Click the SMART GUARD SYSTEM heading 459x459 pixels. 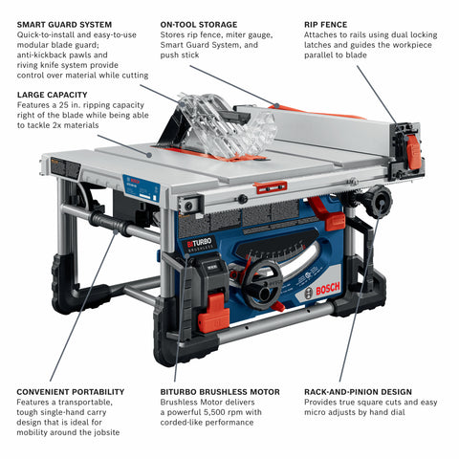tap(64, 24)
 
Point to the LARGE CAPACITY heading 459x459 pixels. tap(53, 95)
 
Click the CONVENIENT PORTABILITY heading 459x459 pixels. tap(71, 392)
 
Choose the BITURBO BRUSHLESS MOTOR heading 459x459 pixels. tap(220, 392)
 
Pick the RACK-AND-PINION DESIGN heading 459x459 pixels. tap(357, 392)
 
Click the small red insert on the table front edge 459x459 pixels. tap(271, 186)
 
